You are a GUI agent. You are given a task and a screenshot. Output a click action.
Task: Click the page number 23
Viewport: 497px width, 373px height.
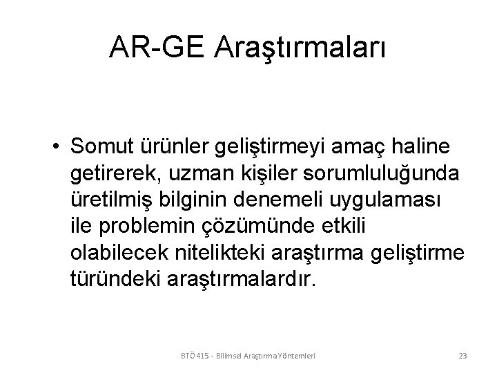click(x=462, y=356)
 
